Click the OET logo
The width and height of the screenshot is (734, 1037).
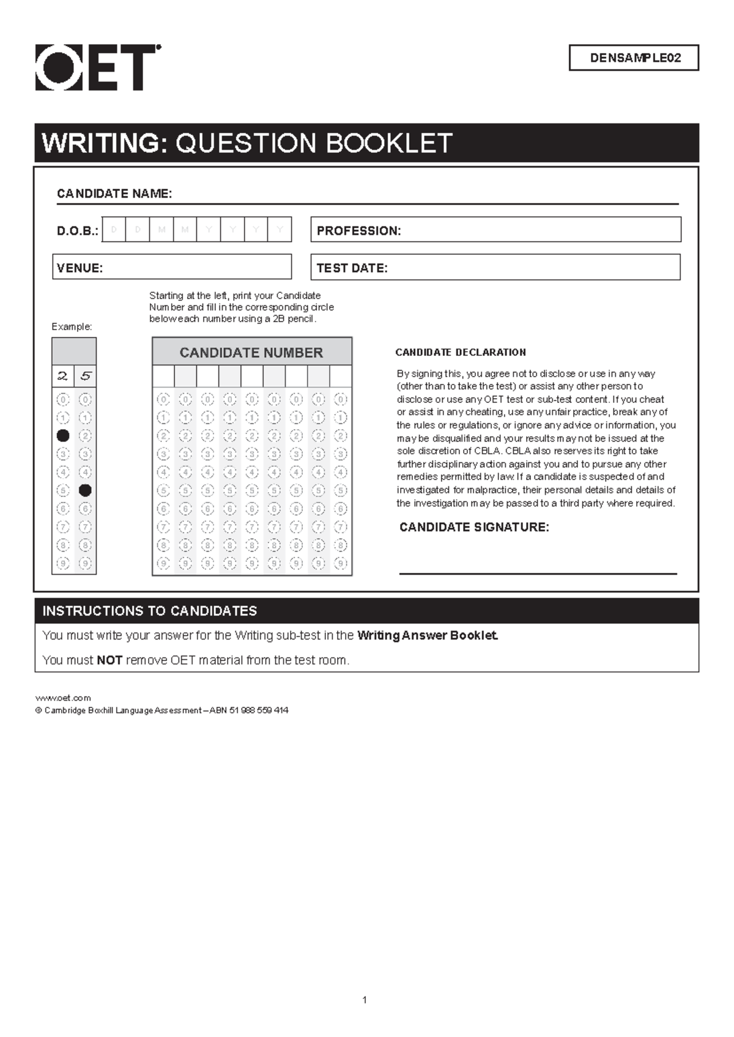coord(97,67)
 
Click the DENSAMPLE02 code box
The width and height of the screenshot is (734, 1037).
coord(634,58)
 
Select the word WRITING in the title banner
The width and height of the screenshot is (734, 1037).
coord(104,143)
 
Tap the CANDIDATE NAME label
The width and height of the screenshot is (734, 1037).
coord(114,194)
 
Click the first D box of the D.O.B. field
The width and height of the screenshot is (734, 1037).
coord(114,230)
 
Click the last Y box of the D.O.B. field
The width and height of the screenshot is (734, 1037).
coord(280,230)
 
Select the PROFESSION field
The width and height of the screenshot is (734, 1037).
coord(495,230)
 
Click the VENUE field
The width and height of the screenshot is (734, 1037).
coord(172,267)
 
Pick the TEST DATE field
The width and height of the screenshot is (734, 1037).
coord(495,267)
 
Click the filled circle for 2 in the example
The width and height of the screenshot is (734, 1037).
coord(63,436)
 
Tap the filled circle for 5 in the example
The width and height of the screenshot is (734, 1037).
coord(85,490)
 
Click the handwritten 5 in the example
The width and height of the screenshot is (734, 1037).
coord(85,376)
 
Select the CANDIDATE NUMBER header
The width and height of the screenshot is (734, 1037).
coord(251,353)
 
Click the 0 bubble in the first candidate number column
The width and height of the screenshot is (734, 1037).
coord(163,400)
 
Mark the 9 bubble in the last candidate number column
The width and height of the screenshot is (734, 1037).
coord(341,563)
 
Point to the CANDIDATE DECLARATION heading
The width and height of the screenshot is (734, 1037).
coord(461,352)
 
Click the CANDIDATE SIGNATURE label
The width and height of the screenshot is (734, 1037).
coord(474,527)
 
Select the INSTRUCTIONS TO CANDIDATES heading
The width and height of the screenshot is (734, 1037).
coord(150,611)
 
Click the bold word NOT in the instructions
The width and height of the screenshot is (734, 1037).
coord(109,660)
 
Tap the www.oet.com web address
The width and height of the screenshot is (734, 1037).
coord(64,698)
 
